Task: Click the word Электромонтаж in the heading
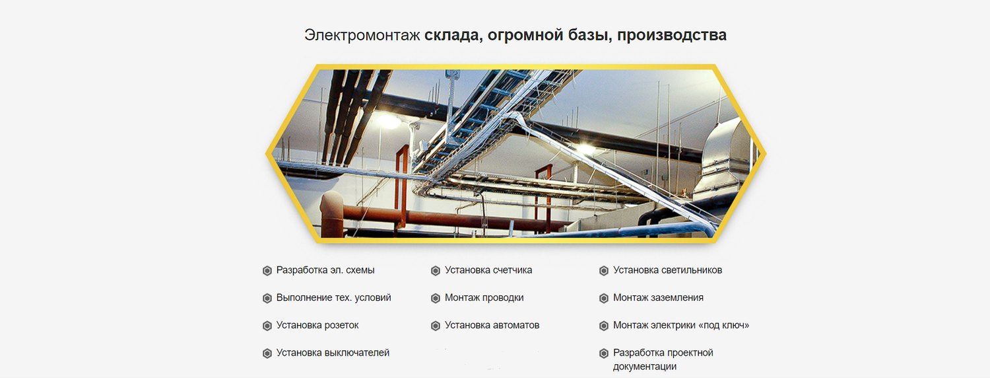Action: coord(362,36)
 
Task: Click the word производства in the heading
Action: coord(672,36)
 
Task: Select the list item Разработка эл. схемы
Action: coord(325,270)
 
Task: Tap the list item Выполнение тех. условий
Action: coord(334,297)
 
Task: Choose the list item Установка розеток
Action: coord(317,325)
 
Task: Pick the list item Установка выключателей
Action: coord(333,353)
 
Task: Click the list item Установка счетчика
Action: coord(488,270)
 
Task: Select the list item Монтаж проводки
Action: coord(484,297)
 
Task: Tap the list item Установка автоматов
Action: coord(492,325)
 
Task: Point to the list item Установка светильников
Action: coord(667,270)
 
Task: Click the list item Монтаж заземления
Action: coord(658,297)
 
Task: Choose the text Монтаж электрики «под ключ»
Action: coord(681,325)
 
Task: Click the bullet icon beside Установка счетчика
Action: coord(436,270)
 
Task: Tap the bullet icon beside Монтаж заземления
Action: coord(604,298)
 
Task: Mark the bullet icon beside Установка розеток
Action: coord(267,326)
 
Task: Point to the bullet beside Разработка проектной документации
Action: coord(604,353)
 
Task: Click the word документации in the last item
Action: coord(644,367)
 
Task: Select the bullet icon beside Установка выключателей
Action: coord(267,353)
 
